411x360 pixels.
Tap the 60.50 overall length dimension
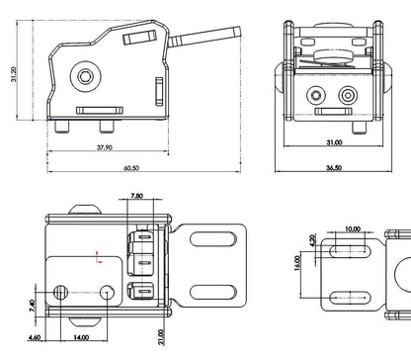pos(132,168)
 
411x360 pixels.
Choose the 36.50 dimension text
pos(333,168)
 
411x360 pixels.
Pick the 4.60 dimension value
pos(35,339)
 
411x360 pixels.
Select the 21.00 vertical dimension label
pos(161,338)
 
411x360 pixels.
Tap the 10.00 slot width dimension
pos(352,229)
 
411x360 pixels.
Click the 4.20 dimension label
pos(313,240)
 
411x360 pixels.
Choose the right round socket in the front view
pos(348,96)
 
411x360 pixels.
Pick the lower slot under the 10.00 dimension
pos(354,297)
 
